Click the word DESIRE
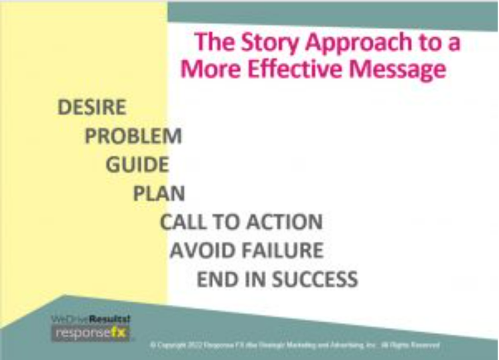92,107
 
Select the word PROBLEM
133,136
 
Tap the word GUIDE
137,164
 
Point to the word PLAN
159,193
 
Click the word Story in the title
261,43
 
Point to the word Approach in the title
365,44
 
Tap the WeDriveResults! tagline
90,319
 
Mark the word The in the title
212,43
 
